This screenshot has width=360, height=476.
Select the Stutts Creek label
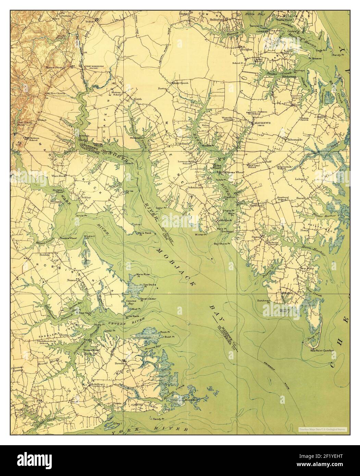[272, 73]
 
